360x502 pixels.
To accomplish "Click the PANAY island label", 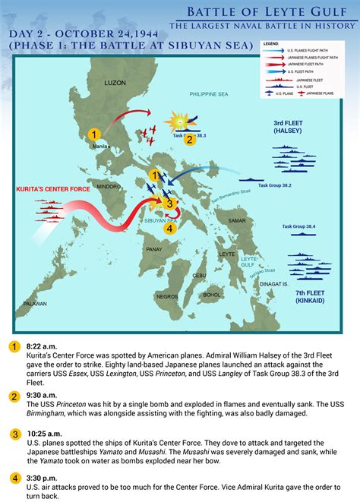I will (x=153, y=248).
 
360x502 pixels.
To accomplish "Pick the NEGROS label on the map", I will (x=167, y=296).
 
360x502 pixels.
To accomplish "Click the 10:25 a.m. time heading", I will (x=43, y=434).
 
